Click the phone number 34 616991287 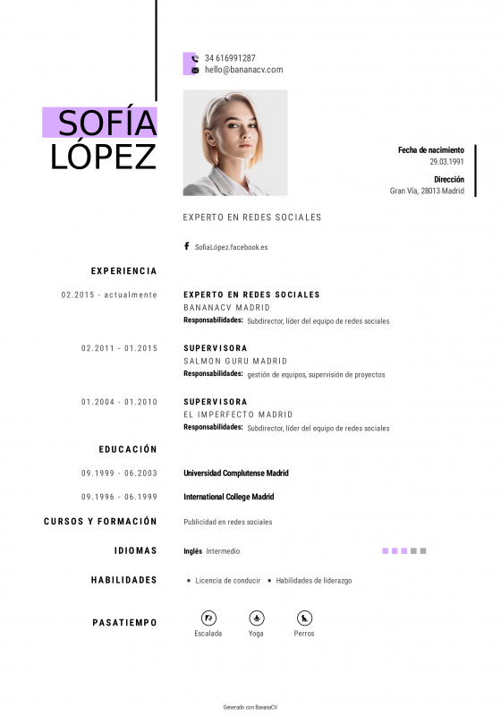click(230, 58)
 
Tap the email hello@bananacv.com click(243, 70)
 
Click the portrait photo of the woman click(235, 142)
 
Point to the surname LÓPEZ click(104, 156)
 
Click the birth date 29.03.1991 click(446, 162)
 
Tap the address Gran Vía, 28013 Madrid click(427, 191)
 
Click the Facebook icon click(187, 246)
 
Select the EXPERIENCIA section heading click(123, 271)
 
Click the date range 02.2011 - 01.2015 click(119, 348)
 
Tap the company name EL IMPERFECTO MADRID click(238, 415)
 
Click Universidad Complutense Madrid click(236, 473)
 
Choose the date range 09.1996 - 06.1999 click(119, 497)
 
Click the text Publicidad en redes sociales click(228, 522)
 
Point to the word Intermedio click(223, 551)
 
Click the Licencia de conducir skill click(227, 581)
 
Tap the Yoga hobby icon click(256, 618)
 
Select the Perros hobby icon click(304, 618)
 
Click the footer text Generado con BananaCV click(250, 707)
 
